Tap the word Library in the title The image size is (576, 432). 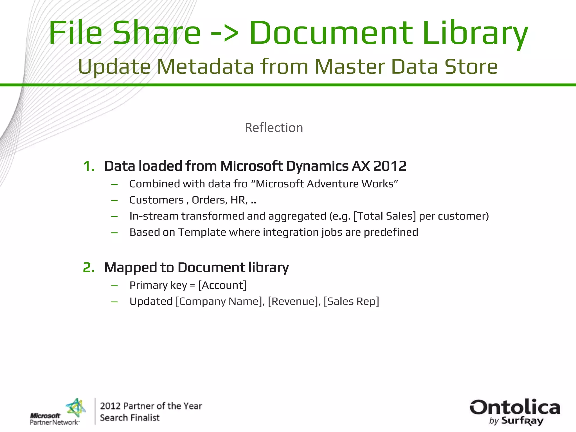475,33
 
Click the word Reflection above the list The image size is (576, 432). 274,128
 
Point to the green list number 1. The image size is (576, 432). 89,166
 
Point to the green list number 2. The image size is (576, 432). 89,267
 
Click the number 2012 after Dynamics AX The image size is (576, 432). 390,166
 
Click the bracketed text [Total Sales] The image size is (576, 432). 384,216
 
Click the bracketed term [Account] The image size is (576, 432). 222,285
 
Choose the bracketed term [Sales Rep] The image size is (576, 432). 351,301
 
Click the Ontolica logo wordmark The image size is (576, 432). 515,408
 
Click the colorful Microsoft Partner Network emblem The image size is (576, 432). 76,408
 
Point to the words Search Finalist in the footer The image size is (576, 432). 130,418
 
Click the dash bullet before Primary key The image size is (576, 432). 114,286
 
